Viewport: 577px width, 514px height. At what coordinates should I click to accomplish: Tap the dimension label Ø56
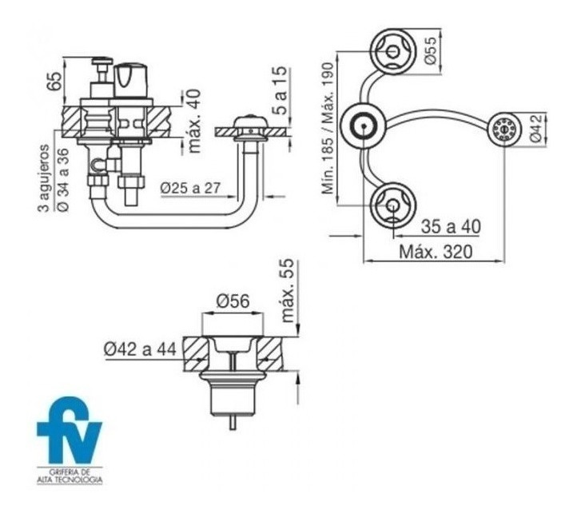point(233,301)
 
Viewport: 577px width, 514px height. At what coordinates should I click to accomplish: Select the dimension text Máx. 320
point(436,253)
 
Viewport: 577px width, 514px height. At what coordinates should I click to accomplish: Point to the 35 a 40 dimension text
point(451,226)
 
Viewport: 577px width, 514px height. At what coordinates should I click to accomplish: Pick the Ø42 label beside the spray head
point(535,128)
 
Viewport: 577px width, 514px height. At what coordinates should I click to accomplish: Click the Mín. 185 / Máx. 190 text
point(328,128)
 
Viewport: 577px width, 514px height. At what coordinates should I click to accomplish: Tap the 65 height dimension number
point(54,81)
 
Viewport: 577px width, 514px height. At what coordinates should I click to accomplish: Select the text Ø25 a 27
point(190,188)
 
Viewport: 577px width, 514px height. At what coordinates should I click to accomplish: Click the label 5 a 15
point(281,90)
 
